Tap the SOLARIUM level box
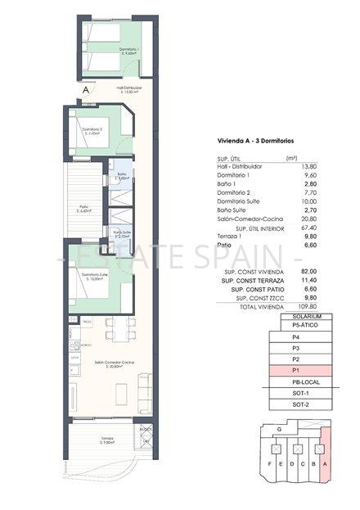tap(299, 316)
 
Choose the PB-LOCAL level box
tap(299, 381)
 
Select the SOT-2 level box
tap(299, 404)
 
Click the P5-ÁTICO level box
tap(299, 326)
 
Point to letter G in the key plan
tap(281, 428)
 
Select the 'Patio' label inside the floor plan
tap(83, 207)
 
